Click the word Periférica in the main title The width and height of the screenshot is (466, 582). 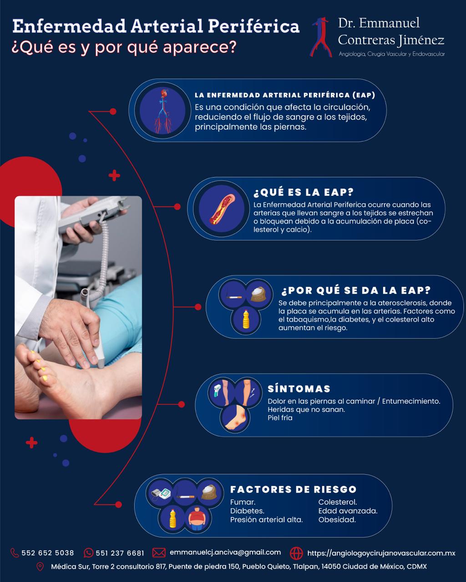[x=254, y=26]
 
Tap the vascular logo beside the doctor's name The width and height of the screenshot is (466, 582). [x=321, y=37]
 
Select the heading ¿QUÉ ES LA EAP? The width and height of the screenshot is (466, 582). [x=304, y=192]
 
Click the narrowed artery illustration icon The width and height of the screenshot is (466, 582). [x=221, y=209]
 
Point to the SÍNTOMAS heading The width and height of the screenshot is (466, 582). [x=299, y=389]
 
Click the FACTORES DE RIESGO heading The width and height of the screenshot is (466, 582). [x=293, y=489]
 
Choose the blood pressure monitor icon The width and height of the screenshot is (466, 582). [x=161, y=493]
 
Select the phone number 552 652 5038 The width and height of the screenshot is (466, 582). [x=48, y=553]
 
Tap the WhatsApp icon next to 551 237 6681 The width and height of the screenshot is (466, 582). [x=88, y=553]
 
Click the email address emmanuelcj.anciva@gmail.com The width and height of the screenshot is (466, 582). [x=225, y=552]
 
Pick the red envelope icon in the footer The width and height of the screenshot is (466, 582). [x=159, y=553]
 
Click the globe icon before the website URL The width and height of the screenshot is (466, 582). [x=296, y=553]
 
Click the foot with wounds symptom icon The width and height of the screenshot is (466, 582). [x=234, y=417]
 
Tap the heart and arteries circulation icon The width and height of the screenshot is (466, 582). [x=163, y=111]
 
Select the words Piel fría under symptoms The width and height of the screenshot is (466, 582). [x=280, y=418]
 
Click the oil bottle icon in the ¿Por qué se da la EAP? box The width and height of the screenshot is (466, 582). [x=246, y=319]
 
